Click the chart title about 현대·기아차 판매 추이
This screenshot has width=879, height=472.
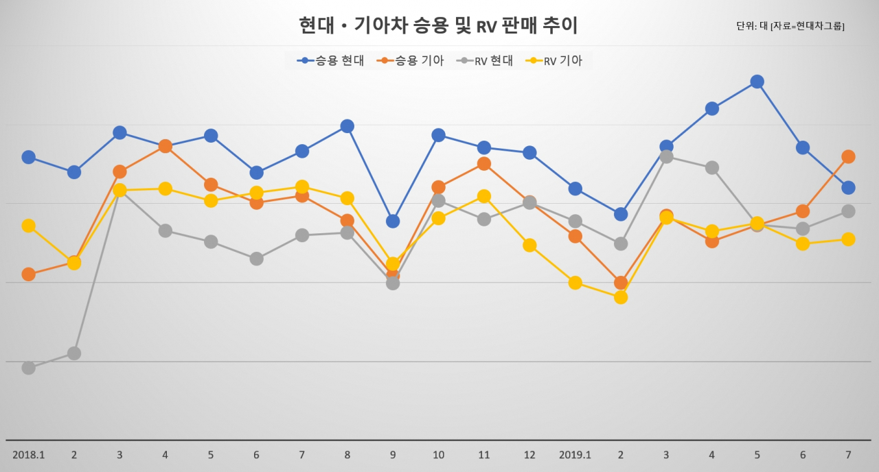coord(438,26)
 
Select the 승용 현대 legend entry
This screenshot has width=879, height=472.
coord(330,61)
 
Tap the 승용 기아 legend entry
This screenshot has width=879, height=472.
coord(410,61)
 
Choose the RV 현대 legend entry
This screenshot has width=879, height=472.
coord(485,61)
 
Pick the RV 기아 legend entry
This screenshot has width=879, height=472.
coord(553,61)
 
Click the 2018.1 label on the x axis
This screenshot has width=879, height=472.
coord(29,455)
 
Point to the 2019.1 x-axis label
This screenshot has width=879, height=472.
coord(575,455)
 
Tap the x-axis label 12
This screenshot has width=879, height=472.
coord(529,455)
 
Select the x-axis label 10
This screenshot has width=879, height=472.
coord(438,455)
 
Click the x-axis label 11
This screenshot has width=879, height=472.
coord(484,455)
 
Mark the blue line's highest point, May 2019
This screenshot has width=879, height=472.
coord(757,82)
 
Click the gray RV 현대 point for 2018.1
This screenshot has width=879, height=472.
coord(29,368)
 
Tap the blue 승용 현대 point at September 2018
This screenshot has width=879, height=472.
coord(393,221)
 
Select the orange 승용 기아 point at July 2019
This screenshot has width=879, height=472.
coord(848,157)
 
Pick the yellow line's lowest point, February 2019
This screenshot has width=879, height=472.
coord(621,298)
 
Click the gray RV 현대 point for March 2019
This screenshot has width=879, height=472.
coord(666,157)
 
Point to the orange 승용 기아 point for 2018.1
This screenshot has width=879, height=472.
coord(29,274)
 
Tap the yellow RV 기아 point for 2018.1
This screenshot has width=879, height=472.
coord(29,226)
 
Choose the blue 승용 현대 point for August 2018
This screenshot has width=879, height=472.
coord(347,126)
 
